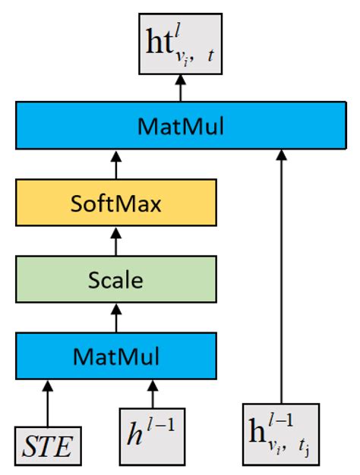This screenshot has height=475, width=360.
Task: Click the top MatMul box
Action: [180, 125]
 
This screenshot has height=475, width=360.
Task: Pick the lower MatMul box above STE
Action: [116, 354]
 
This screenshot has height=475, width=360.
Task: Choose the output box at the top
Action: [180, 43]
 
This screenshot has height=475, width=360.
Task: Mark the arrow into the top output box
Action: [180, 89]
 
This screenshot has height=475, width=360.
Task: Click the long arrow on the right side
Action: [281, 273]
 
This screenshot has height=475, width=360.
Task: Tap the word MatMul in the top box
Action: [180, 125]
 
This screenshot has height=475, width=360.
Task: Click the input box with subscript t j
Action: [282, 436]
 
